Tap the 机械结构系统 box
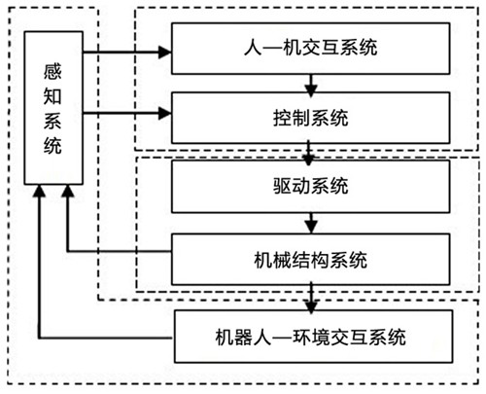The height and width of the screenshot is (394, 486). pyautogui.click(x=310, y=260)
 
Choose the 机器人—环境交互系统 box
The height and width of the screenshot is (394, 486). pyautogui.click(x=310, y=339)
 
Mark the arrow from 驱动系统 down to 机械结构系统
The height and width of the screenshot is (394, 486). pyautogui.click(x=310, y=223)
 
